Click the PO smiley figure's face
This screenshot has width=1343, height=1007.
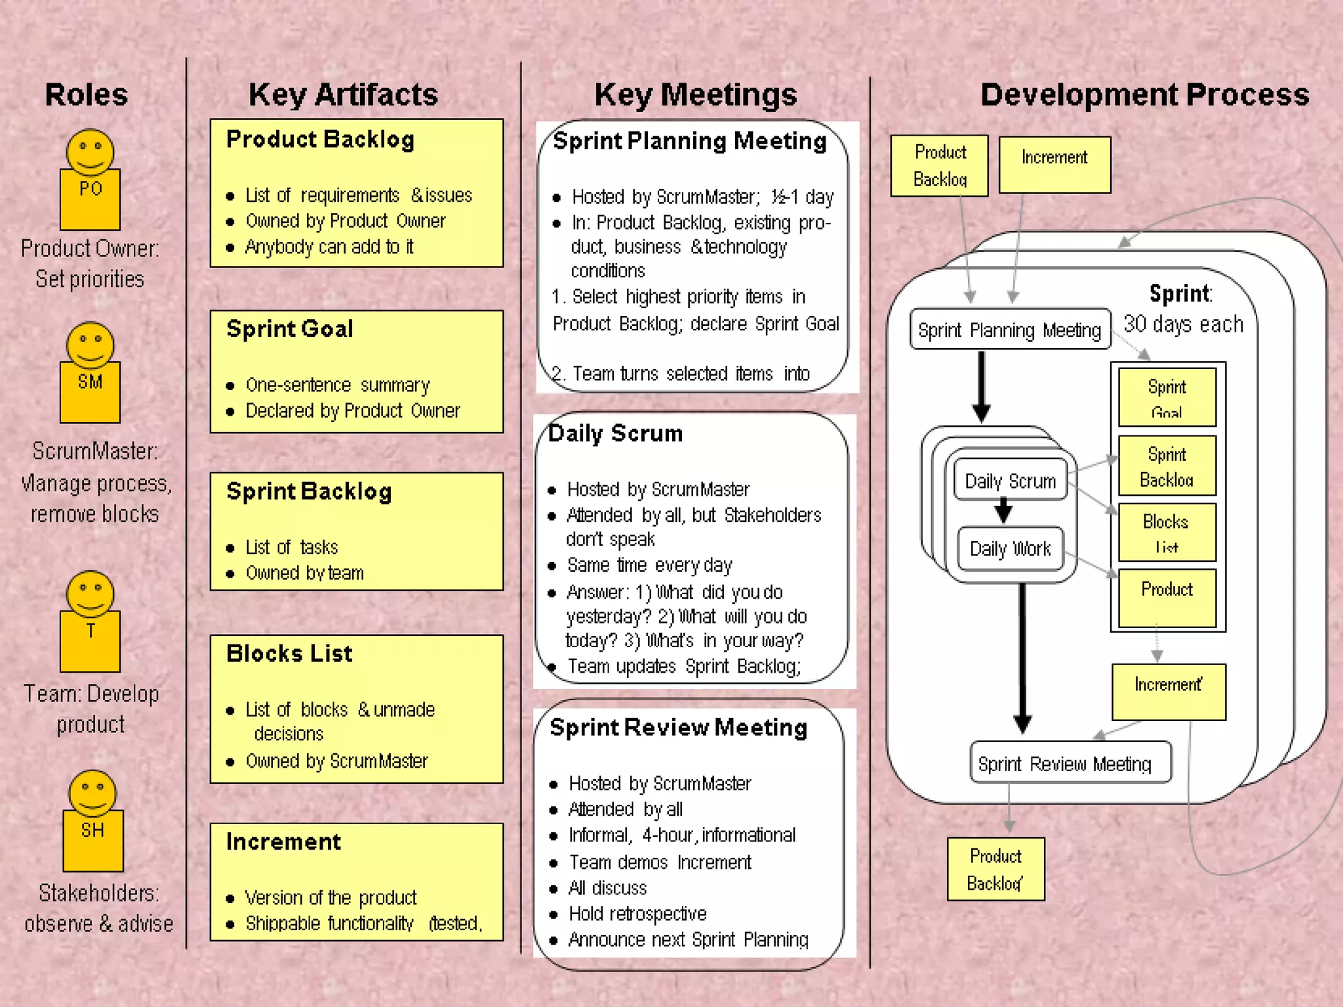click(x=90, y=152)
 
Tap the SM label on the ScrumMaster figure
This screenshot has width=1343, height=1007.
click(x=90, y=382)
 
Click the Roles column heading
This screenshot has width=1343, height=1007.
click(x=86, y=94)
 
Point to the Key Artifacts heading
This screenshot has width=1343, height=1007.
click(x=343, y=94)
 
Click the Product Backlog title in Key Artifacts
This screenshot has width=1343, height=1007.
click(x=320, y=140)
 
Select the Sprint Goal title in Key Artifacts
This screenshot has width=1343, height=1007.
click(x=289, y=329)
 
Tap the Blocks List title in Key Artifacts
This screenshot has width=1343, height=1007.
click(x=289, y=654)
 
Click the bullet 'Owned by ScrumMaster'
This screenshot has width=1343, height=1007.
click(x=336, y=761)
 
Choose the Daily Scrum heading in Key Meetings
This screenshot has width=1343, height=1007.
click(x=615, y=433)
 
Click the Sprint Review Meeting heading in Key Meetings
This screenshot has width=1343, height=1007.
click(x=678, y=728)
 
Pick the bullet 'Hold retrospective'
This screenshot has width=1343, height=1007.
click(x=637, y=914)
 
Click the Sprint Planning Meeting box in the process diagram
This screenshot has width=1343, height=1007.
click(x=1009, y=329)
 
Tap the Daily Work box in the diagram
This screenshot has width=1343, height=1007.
click(x=1010, y=548)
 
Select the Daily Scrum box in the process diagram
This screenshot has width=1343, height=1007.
click(x=1010, y=481)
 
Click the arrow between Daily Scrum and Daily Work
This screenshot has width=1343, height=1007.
click(x=1003, y=510)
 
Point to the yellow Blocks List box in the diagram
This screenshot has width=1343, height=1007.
click(x=1166, y=532)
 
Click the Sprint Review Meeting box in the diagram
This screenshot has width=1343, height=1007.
click(x=1064, y=763)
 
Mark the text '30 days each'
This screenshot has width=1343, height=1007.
click(x=1183, y=324)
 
